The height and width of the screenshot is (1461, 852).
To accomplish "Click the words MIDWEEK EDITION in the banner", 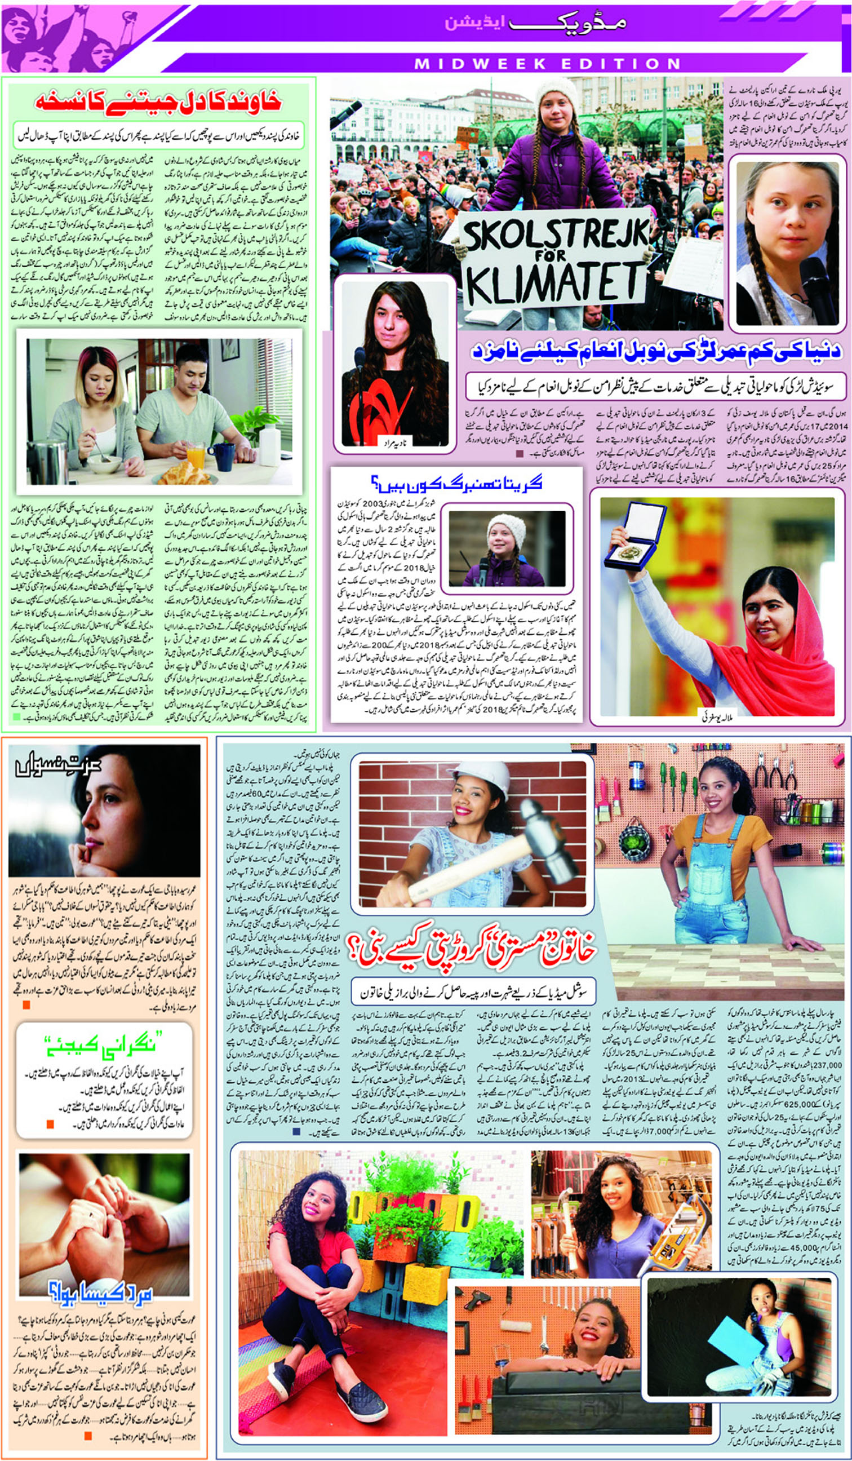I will [x=547, y=63].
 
